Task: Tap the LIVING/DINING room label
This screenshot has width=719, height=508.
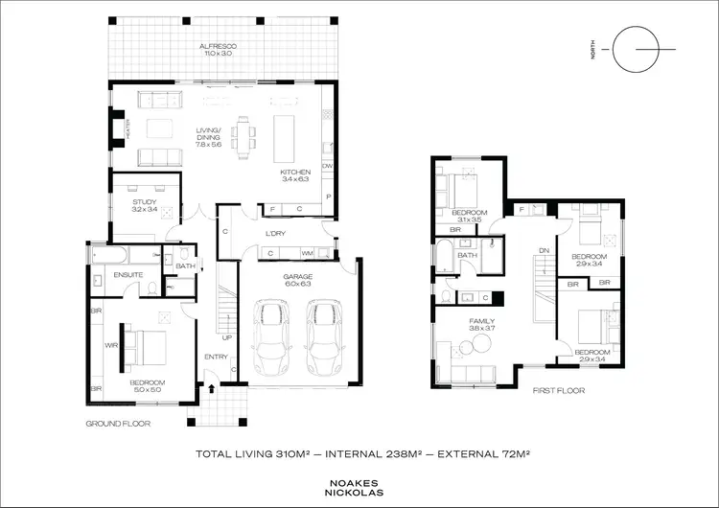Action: (210, 139)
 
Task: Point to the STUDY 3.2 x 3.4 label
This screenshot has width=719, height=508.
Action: (145, 206)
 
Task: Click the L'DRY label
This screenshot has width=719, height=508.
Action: (277, 234)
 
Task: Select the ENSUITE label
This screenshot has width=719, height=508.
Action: (128, 275)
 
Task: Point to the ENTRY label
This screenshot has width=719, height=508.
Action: (216, 358)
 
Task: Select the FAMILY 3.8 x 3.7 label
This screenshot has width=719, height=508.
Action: (481, 326)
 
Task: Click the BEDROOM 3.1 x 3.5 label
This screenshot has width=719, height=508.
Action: (469, 216)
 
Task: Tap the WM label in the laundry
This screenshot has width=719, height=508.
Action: (308, 253)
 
